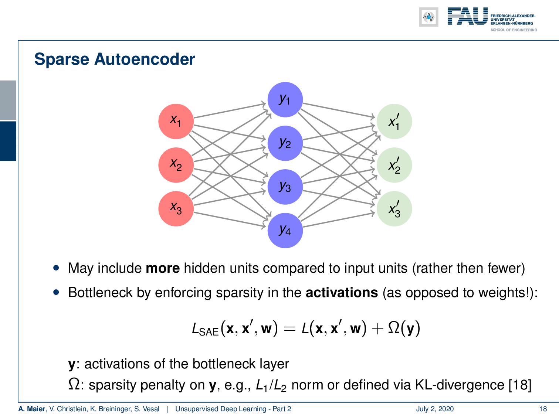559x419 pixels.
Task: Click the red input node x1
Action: tap(176, 121)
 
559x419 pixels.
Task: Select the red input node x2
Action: tap(176, 165)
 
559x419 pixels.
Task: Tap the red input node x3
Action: tap(176, 208)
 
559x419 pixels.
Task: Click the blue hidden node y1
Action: tap(285, 99)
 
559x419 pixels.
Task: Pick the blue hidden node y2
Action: tap(285, 143)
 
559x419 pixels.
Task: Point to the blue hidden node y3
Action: tap(285, 187)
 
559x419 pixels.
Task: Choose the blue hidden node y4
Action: tap(285, 230)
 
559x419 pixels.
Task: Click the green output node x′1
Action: tap(394, 121)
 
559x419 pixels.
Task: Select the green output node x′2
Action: tap(394, 165)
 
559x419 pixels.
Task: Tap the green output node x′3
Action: tap(394, 208)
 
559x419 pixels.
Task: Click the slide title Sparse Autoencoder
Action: tap(115, 59)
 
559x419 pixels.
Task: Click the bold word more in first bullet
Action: tap(163, 268)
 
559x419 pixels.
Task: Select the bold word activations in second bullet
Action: tap(342, 293)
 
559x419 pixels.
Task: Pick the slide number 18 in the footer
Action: tap(543, 409)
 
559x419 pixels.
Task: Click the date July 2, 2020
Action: tap(435, 409)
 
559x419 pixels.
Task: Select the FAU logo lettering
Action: tap(468, 17)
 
